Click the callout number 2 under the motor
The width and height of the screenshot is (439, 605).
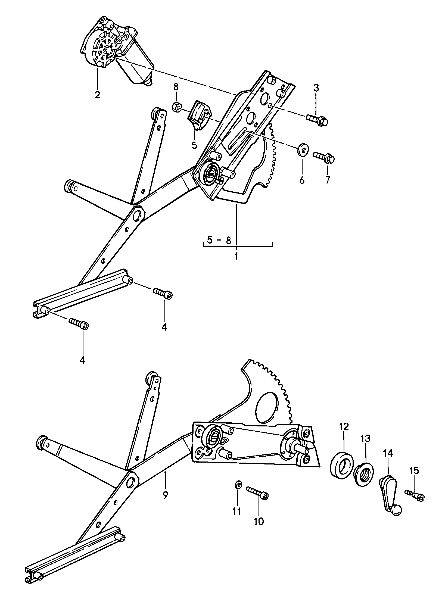click(x=97, y=95)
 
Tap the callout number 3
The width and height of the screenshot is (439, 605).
click(x=316, y=88)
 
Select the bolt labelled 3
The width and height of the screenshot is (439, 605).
click(x=317, y=120)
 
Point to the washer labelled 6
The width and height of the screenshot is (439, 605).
click(x=302, y=150)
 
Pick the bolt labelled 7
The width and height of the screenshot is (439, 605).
click(x=323, y=158)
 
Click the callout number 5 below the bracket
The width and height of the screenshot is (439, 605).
click(x=194, y=145)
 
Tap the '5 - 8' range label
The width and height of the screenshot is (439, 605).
click(x=219, y=240)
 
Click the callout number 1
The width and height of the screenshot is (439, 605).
click(x=236, y=256)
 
